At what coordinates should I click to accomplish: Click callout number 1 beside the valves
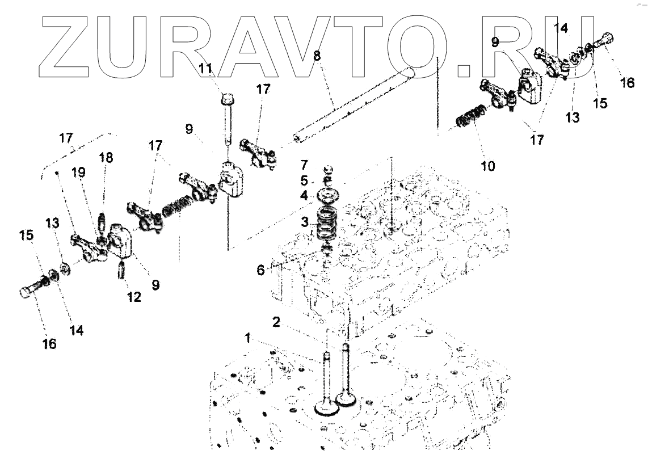[247, 338]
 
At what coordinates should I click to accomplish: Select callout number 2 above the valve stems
[276, 322]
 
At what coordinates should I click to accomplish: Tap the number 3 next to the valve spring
[305, 222]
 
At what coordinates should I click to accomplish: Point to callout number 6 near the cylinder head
[260, 271]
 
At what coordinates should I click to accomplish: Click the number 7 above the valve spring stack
[304, 165]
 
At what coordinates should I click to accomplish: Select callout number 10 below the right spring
[488, 166]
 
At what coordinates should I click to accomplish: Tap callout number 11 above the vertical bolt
[205, 69]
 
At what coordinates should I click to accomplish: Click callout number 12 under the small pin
[134, 296]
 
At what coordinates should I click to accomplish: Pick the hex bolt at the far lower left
[31, 289]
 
